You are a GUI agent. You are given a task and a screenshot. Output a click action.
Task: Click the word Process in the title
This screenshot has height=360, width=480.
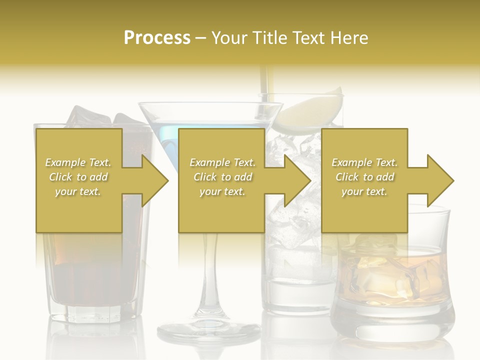157,37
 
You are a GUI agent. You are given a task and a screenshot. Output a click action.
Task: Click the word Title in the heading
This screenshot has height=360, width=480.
269,37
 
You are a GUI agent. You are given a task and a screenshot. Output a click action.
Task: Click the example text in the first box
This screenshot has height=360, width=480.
78,177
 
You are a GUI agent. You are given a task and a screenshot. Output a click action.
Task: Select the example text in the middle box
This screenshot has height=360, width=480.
222,177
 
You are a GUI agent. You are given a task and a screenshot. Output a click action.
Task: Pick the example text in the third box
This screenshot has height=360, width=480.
364,177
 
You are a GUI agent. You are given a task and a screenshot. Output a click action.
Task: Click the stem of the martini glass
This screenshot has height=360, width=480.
208,280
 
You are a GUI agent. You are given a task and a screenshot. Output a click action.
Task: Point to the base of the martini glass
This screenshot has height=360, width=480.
208,331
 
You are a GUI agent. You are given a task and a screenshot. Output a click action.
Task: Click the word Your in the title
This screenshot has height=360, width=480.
230,37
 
